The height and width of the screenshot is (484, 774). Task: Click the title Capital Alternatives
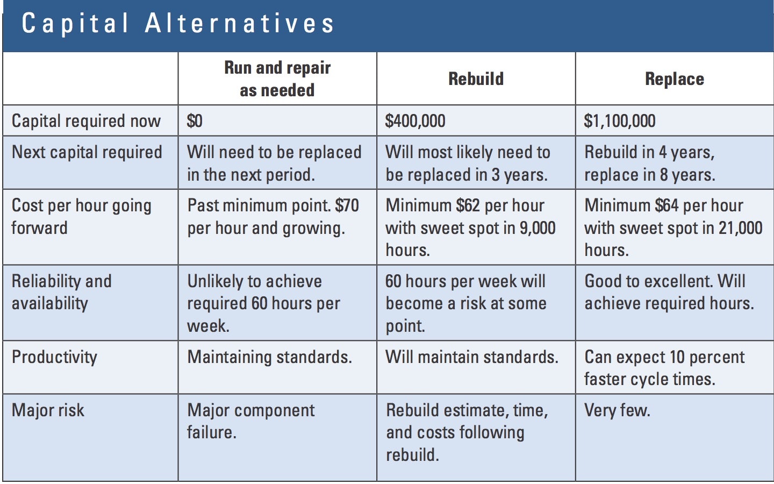click(x=177, y=24)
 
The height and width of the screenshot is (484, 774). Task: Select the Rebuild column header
click(x=476, y=79)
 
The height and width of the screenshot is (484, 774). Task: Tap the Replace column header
click(x=675, y=79)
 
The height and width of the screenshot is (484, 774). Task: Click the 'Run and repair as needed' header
click(x=277, y=79)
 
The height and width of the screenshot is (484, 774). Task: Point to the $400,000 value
click(x=415, y=121)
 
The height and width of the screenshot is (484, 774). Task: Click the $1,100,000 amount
click(x=620, y=121)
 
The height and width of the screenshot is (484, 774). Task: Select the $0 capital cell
click(x=195, y=121)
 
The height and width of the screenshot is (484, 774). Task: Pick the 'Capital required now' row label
click(x=86, y=122)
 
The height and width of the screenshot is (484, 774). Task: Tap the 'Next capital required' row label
click(x=87, y=153)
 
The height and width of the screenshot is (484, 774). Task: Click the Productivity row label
click(x=55, y=358)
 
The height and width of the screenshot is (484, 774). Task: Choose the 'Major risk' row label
click(x=48, y=410)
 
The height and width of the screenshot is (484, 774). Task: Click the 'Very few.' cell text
click(x=617, y=411)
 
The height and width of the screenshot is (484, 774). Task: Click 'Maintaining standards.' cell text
click(x=269, y=357)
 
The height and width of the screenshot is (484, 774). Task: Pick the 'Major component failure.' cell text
click(x=251, y=422)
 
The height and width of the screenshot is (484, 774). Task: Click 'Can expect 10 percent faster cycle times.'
click(x=664, y=368)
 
